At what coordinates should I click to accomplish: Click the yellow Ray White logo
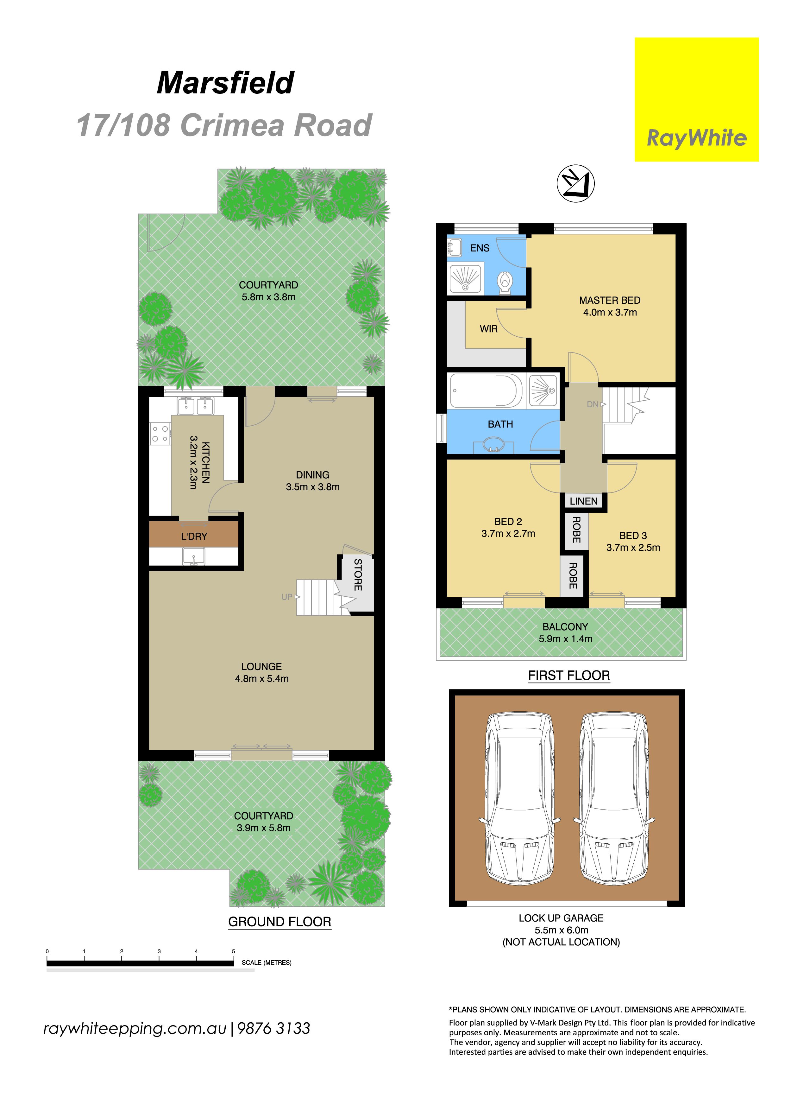pyautogui.click(x=696, y=100)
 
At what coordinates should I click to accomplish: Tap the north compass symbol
pyautogui.click(x=575, y=183)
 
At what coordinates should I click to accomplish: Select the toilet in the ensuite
pyautogui.click(x=505, y=283)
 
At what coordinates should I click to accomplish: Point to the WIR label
pyautogui.click(x=488, y=329)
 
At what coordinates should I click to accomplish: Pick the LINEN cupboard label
pyautogui.click(x=584, y=501)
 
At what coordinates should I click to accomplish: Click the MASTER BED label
pyautogui.click(x=610, y=301)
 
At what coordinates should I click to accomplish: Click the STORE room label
pyautogui.click(x=358, y=575)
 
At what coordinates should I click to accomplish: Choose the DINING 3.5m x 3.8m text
pyautogui.click(x=313, y=481)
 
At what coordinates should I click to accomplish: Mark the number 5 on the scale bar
pyautogui.click(x=234, y=951)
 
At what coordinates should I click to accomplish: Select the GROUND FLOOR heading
pyautogui.click(x=279, y=922)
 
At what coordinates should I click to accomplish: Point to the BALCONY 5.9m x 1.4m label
pyautogui.click(x=565, y=633)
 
